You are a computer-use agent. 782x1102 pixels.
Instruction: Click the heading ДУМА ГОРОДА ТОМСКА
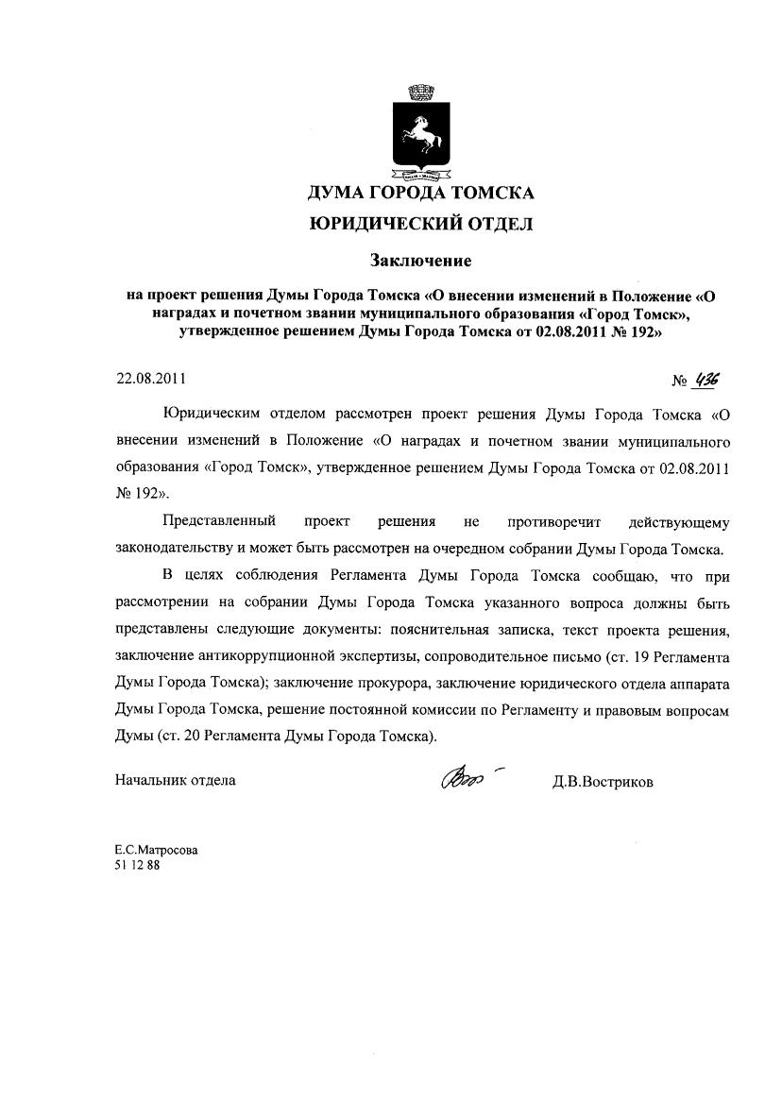420,194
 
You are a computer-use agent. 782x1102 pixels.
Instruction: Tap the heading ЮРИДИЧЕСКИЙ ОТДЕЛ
420,224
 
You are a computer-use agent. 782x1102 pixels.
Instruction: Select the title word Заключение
420,258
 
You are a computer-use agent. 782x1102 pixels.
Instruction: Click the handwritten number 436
705,380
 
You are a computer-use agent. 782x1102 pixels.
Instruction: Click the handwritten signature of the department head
465,778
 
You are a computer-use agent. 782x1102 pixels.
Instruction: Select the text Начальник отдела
176,780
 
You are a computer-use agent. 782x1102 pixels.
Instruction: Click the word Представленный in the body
219,521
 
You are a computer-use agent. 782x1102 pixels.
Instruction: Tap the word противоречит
553,521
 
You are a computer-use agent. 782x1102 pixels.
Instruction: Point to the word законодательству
174,549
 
